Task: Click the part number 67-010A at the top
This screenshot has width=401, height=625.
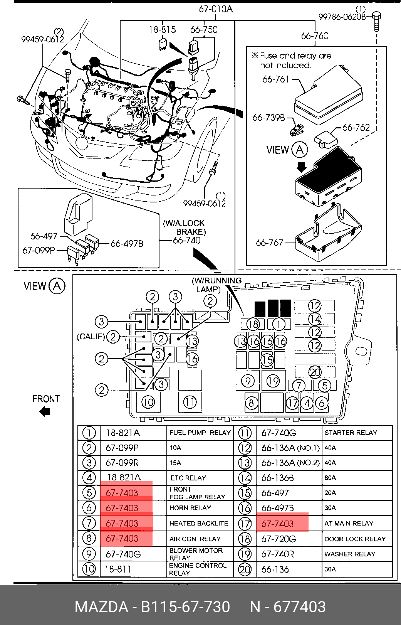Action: pos(215,9)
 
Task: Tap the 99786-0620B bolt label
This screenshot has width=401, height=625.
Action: pos(342,17)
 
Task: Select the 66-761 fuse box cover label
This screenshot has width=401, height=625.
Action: pos(275,79)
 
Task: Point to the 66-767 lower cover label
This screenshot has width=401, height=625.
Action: pos(269,243)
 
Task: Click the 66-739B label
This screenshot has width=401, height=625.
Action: pos(268,118)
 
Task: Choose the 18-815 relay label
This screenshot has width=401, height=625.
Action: pos(163,30)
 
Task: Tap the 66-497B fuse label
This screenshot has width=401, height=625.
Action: pos(127,244)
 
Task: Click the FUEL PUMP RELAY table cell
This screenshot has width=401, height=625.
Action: pos(200,433)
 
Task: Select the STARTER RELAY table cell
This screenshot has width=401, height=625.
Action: pos(351,433)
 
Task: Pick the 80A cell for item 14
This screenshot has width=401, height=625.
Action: pos(330,478)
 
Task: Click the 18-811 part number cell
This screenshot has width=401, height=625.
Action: pos(117,569)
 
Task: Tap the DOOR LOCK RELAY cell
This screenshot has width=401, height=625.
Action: pos(355,539)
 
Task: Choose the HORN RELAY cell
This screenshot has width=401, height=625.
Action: pos(190,508)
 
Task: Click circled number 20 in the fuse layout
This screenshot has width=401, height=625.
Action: pos(315,372)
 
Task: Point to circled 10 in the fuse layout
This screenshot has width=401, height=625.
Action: pos(148,402)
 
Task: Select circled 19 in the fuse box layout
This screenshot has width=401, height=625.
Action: pos(273,381)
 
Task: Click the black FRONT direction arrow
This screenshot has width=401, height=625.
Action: pos(45,411)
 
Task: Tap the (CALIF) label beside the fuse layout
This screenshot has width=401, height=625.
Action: pos(91,337)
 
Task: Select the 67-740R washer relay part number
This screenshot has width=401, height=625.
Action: pos(278,554)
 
